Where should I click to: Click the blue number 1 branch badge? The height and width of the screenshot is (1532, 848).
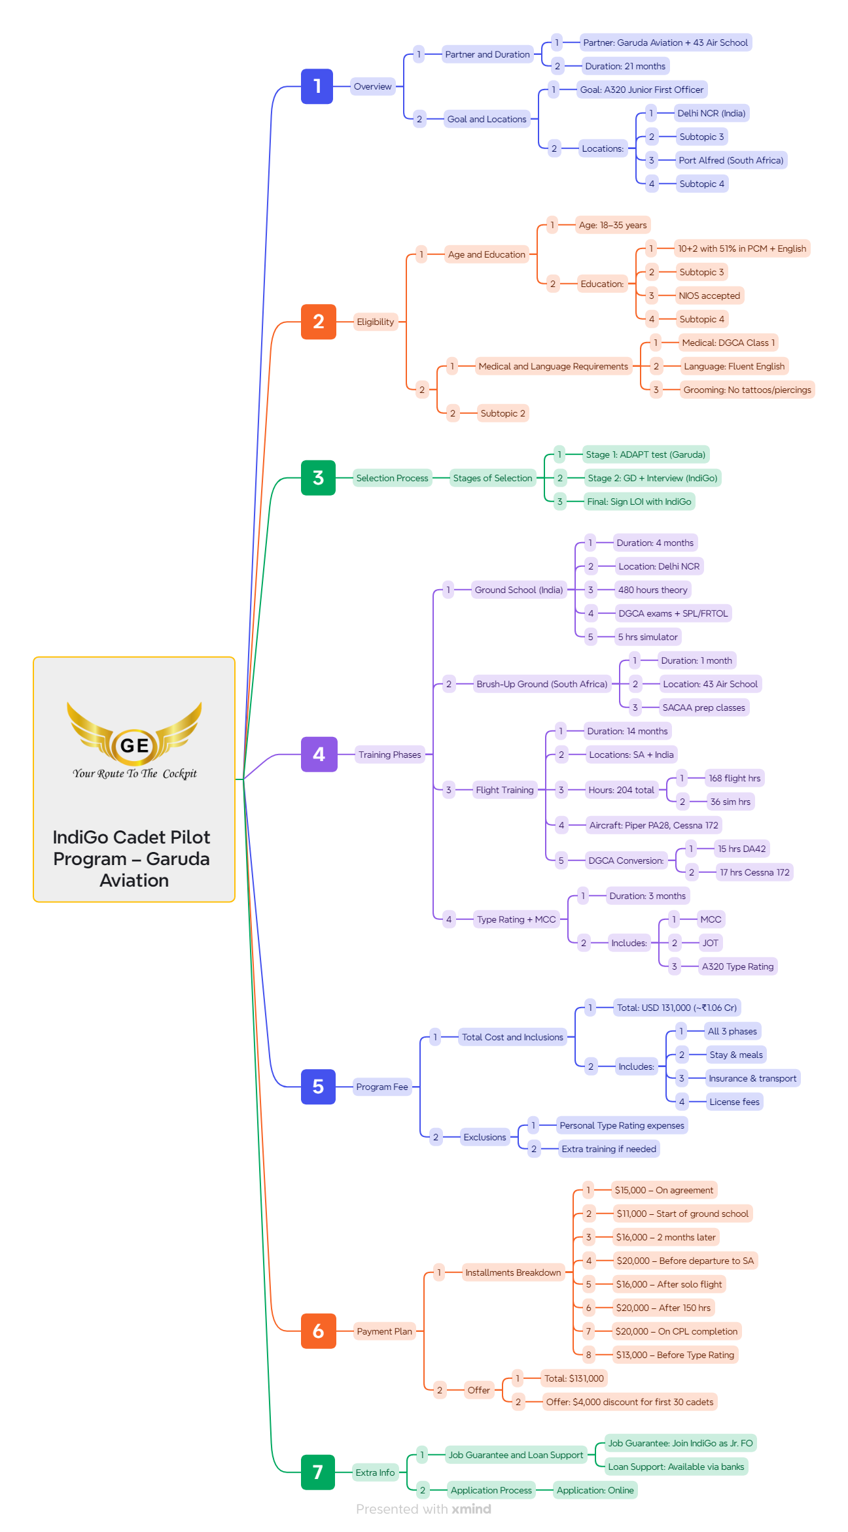[x=317, y=86]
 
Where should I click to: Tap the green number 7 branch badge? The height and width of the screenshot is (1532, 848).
[x=318, y=1472]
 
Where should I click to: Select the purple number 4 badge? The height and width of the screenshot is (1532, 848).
[x=319, y=755]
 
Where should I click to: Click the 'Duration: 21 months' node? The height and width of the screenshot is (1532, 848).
[x=625, y=66]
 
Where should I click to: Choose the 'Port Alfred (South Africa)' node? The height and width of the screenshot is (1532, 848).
[x=730, y=160]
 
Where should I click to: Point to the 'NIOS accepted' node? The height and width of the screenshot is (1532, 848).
[x=709, y=296]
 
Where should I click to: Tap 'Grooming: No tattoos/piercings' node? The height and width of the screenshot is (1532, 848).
[x=747, y=390]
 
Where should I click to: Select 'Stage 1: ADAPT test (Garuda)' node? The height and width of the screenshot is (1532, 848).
[x=645, y=454]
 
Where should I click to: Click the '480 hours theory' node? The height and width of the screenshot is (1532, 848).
[x=652, y=590]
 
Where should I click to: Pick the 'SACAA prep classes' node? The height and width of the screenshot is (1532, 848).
[x=703, y=707]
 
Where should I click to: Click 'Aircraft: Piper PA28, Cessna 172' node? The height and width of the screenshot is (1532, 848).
[x=653, y=825]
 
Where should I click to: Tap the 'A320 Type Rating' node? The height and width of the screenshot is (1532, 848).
[x=737, y=966]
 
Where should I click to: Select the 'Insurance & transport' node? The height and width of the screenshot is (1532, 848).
[x=752, y=1078]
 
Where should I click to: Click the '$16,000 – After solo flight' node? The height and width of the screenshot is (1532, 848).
[x=669, y=1284]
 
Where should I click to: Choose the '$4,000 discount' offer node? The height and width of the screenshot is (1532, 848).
[x=629, y=1402]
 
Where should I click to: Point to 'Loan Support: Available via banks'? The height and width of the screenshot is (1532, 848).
[x=676, y=1467]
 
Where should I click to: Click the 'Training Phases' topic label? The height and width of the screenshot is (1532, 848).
[x=389, y=755]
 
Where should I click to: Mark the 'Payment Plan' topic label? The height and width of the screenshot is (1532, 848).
[x=384, y=1331]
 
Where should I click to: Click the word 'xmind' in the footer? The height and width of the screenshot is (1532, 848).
[x=471, y=1509]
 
